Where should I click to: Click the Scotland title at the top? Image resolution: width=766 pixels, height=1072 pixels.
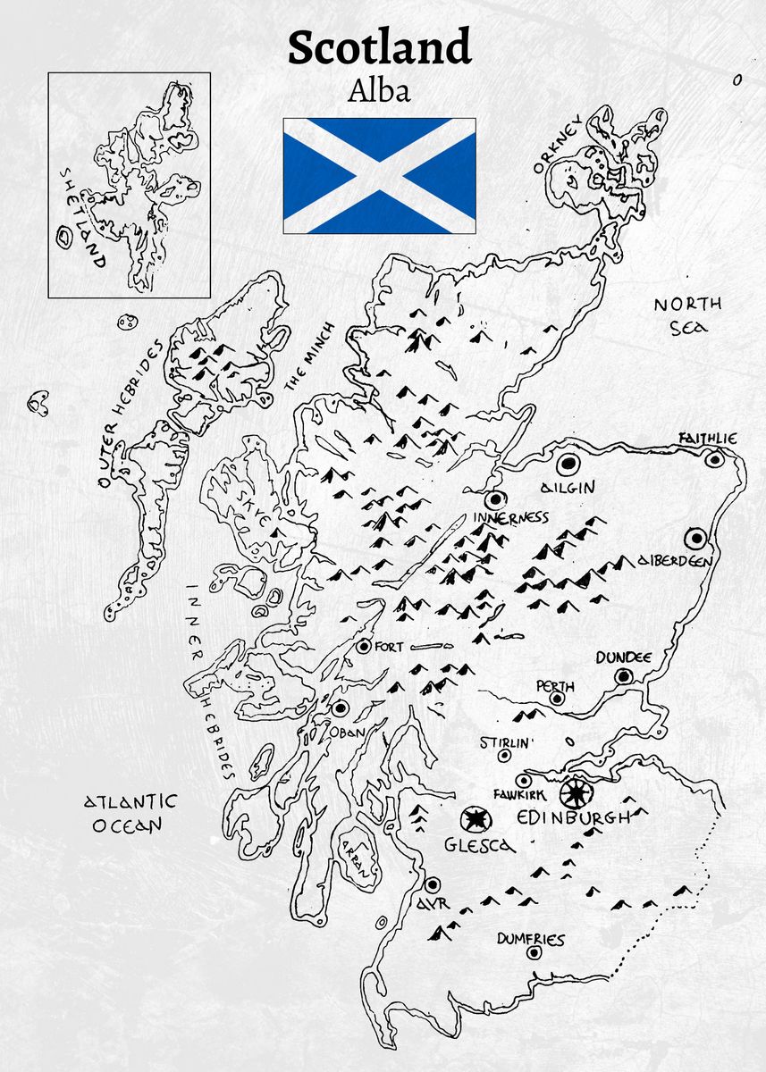click(379, 46)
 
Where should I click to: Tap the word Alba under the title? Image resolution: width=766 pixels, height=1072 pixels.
click(381, 90)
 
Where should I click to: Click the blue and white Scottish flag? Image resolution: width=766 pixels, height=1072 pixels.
click(379, 175)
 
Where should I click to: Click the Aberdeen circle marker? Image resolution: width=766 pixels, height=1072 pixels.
click(695, 538)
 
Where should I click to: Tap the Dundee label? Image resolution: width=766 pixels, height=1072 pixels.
click(624, 657)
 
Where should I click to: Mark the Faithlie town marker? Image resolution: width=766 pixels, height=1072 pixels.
click(713, 459)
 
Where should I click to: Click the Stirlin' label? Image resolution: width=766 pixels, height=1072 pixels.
click(507, 742)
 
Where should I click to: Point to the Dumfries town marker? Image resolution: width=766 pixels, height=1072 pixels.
click(535, 952)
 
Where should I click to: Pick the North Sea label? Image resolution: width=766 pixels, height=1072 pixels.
click(687, 315)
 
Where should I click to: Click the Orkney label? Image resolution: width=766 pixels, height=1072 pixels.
click(558, 143)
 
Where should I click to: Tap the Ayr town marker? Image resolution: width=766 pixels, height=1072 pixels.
click(433, 884)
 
